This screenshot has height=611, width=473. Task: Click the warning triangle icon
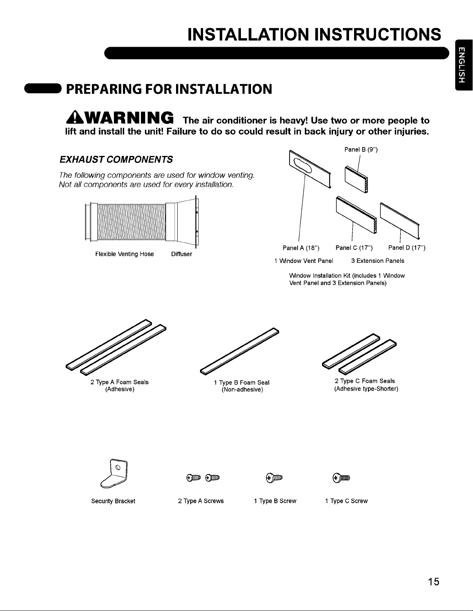point(75,118)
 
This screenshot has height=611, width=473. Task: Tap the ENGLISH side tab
point(464,65)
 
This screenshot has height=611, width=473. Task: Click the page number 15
point(433,582)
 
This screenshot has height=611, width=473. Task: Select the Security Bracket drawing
point(114,474)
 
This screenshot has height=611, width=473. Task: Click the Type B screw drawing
point(274,478)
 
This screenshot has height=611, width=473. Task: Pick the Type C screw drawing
point(341,478)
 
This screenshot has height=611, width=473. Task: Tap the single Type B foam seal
point(239,351)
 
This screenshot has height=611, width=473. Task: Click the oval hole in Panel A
point(302,165)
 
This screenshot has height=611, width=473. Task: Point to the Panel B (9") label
point(361,150)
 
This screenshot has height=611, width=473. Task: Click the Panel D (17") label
point(407,247)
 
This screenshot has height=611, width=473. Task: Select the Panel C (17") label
point(354,248)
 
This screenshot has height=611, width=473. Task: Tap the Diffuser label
point(181,254)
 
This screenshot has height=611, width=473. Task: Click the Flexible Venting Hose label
point(124,254)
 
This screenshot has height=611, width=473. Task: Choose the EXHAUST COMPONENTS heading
point(116,159)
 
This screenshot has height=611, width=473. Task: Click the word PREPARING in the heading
point(103,89)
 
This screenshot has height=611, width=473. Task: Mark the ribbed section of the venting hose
point(132,222)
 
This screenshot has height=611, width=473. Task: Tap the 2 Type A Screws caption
point(201,501)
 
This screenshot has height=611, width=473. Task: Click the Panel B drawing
point(356,179)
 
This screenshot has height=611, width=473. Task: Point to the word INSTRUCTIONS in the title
point(378,35)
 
